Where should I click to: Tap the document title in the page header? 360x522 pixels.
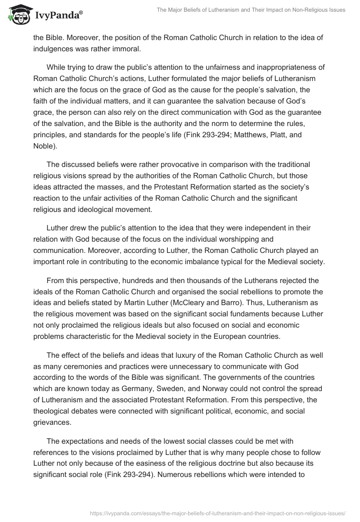[251, 10]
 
